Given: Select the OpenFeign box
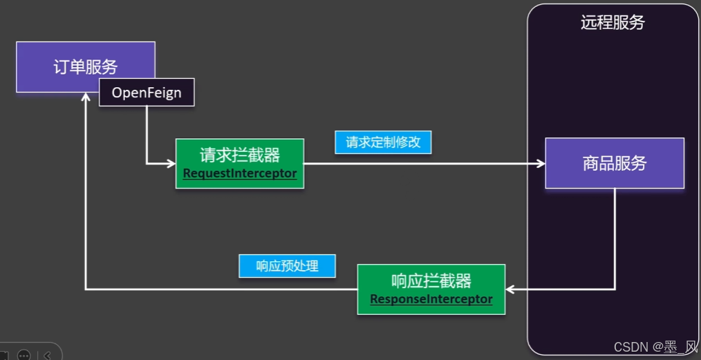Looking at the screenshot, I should click(x=147, y=93).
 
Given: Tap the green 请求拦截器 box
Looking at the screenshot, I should click(x=240, y=163).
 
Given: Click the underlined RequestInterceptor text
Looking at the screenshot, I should click(x=240, y=174).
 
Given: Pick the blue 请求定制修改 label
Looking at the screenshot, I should click(x=383, y=142).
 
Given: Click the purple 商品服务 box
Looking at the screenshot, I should click(x=615, y=163).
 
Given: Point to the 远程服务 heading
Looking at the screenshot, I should click(x=613, y=22).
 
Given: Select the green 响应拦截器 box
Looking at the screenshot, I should click(x=431, y=289).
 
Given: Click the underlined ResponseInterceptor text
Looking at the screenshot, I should click(x=431, y=299).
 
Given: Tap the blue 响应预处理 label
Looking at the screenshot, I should click(x=287, y=266).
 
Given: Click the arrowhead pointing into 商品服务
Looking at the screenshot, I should click(x=540, y=164).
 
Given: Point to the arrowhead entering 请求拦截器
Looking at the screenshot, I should click(x=171, y=164).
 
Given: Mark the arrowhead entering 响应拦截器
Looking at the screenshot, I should click(x=510, y=289).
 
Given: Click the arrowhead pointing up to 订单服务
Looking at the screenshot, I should click(x=85, y=98).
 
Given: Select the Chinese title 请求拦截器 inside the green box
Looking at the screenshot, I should click(x=240, y=153).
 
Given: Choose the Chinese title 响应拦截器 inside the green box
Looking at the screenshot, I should click(x=431, y=281).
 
